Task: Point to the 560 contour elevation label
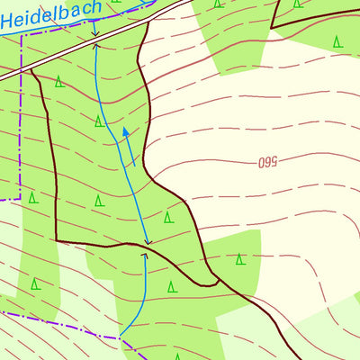click(266, 162)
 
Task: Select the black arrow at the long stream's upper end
click(95, 39)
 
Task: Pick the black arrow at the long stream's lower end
click(148, 242)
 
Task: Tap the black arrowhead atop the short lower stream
click(144, 256)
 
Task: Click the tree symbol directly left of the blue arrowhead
click(99, 121)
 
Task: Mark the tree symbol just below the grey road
click(58, 82)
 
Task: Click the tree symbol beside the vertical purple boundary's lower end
click(32, 197)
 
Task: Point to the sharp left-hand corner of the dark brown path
click(57, 240)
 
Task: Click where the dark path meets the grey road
click(32, 69)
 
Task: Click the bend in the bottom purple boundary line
click(119, 338)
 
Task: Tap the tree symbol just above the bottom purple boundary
click(35, 284)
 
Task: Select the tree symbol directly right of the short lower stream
click(171, 287)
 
